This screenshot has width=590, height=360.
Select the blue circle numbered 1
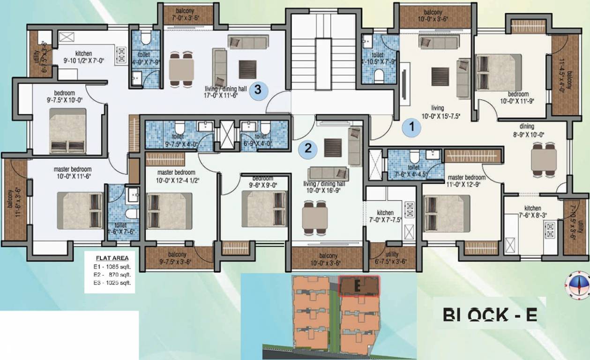tap(412, 127)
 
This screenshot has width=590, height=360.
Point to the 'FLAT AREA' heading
tap(112, 258)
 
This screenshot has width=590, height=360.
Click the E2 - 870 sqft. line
tap(112, 274)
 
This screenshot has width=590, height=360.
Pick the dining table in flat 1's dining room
tap(544, 160)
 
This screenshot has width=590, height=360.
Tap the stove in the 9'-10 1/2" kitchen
tap(121, 54)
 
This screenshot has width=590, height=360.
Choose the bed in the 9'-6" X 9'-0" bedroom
tap(263, 209)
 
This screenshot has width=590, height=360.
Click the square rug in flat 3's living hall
tap(247, 69)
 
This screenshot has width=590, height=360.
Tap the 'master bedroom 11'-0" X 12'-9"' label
tap(466, 181)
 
